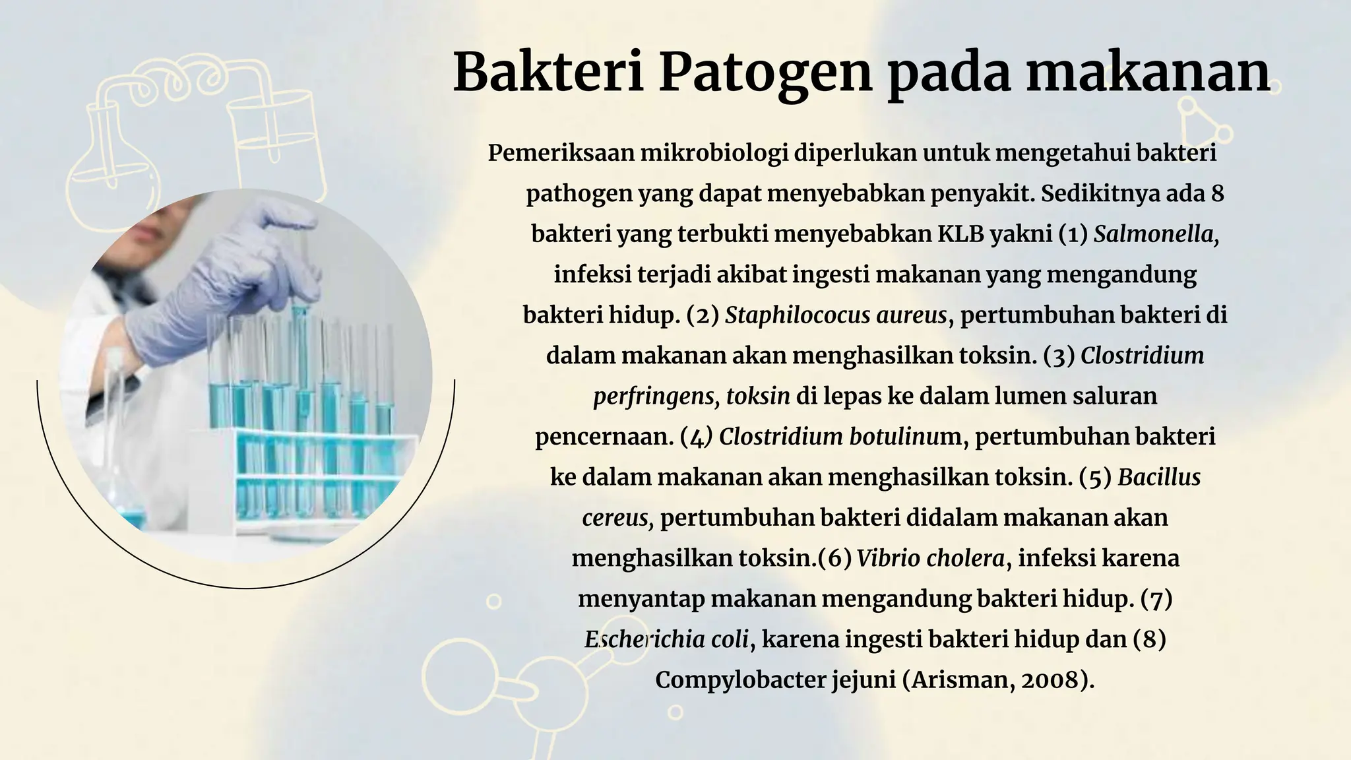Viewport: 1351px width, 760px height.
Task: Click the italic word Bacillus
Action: (1159, 477)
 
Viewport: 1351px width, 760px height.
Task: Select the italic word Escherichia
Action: (633, 639)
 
